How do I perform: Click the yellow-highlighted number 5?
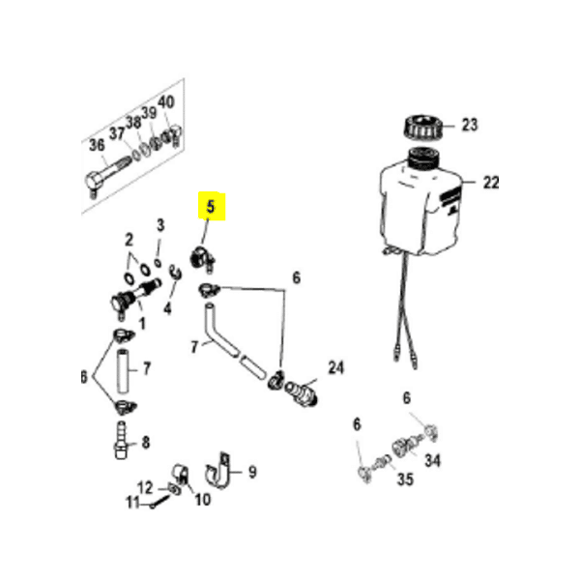pos(211,207)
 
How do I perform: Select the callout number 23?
pos(470,125)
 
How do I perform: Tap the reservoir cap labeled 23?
pos(423,127)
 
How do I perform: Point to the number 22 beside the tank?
pos(491,183)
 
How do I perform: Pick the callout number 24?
pos(335,367)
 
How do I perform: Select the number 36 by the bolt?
pos(97,145)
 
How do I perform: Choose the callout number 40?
pos(165,102)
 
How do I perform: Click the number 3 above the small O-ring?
pos(160,225)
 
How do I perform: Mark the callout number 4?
pos(167,308)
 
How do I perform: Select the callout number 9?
pos(252,472)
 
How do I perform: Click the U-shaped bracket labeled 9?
pos(218,472)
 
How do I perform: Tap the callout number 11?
pos(132,503)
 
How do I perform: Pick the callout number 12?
pos(145,487)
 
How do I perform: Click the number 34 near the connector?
pos(432,460)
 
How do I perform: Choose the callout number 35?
pos(405,479)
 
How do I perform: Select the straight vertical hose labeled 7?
pos(123,371)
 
